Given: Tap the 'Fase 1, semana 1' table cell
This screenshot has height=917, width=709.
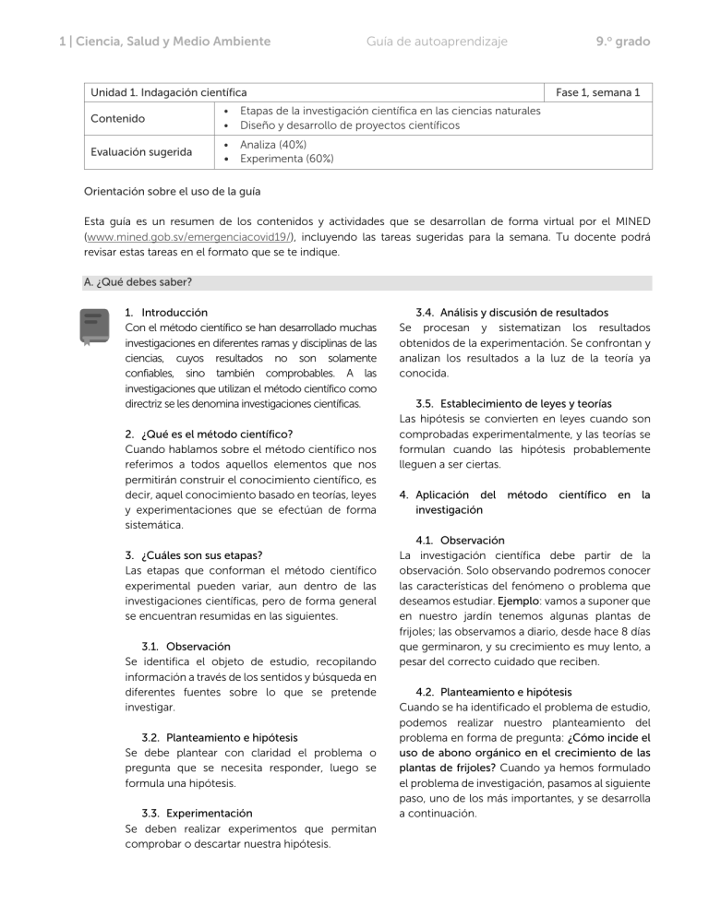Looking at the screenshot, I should pos(604,92).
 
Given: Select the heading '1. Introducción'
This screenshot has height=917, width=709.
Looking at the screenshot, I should pos(166,314).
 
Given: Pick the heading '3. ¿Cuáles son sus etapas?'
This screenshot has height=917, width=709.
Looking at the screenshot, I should pos(194,554).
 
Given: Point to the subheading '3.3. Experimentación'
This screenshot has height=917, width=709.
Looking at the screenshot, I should pos(197,814).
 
